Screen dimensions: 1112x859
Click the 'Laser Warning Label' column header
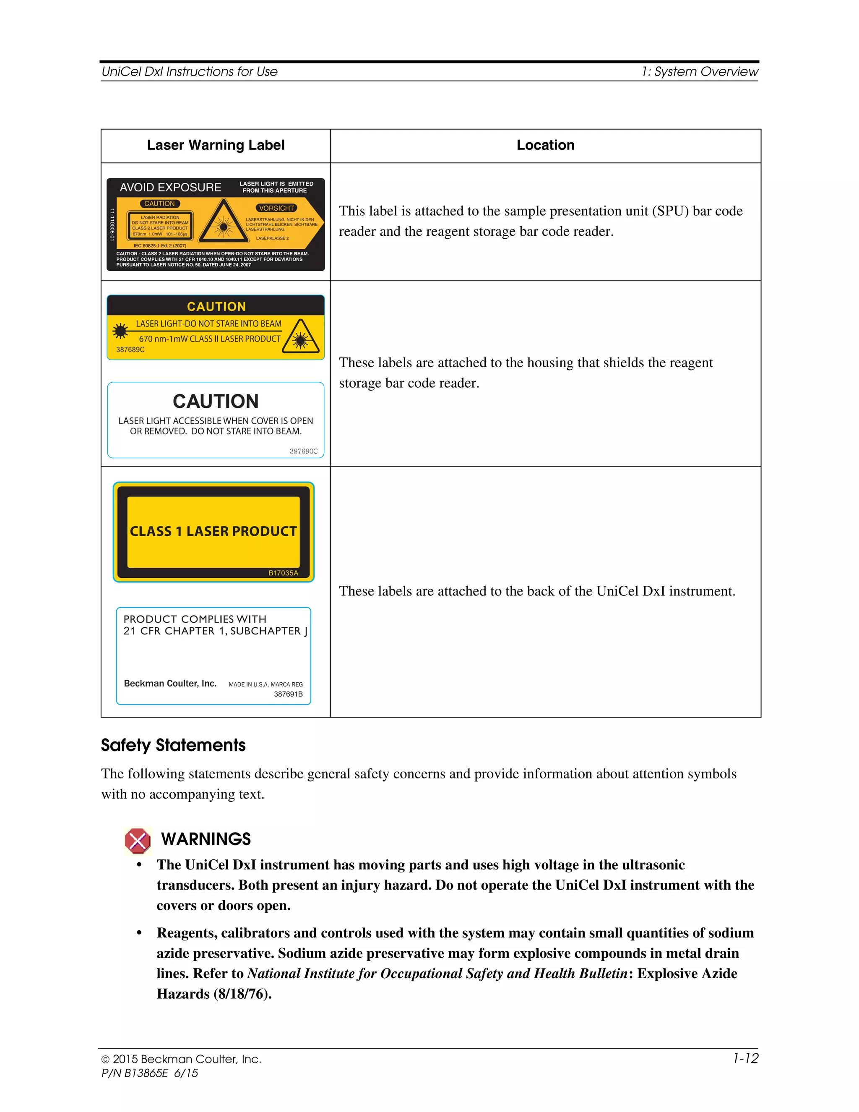click(215, 146)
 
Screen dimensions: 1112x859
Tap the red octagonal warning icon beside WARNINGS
click(138, 841)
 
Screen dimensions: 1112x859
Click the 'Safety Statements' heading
click(173, 745)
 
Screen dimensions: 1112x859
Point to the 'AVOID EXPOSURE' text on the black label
click(170, 188)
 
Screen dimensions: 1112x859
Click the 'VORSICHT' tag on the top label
click(276, 208)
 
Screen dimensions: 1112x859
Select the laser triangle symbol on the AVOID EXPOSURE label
click(224, 222)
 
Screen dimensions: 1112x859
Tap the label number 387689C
click(130, 350)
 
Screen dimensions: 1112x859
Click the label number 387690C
click(303, 451)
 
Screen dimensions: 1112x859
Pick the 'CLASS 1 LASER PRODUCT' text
click(213, 532)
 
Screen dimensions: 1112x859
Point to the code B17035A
click(284, 573)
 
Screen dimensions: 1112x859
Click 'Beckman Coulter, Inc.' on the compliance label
click(170, 683)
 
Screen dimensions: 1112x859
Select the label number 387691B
click(288, 694)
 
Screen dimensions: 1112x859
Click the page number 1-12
click(745, 1059)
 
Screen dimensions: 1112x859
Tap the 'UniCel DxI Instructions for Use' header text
click(189, 72)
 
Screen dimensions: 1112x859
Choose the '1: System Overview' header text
click(700, 72)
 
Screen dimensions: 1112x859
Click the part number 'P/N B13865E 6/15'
click(150, 1073)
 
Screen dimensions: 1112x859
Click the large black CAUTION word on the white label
click(216, 401)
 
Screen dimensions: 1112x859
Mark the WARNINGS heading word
click(206, 839)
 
